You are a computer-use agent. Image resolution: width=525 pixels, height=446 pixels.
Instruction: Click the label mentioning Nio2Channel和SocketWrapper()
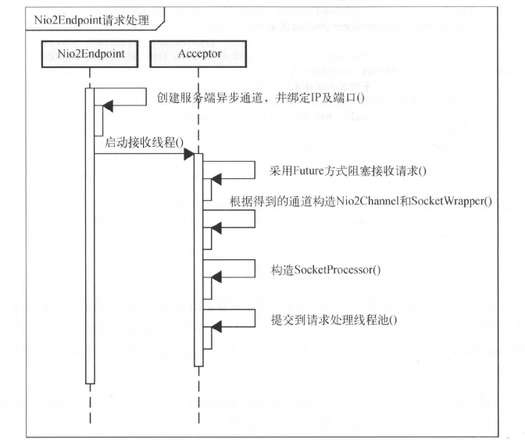click(361, 201)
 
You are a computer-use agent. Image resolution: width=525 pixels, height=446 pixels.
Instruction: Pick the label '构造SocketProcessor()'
click(326, 269)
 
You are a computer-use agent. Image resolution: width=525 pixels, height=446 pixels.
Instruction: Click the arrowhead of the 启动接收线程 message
click(188, 155)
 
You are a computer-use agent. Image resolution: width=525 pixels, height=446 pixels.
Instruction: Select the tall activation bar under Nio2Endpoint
click(90, 234)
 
